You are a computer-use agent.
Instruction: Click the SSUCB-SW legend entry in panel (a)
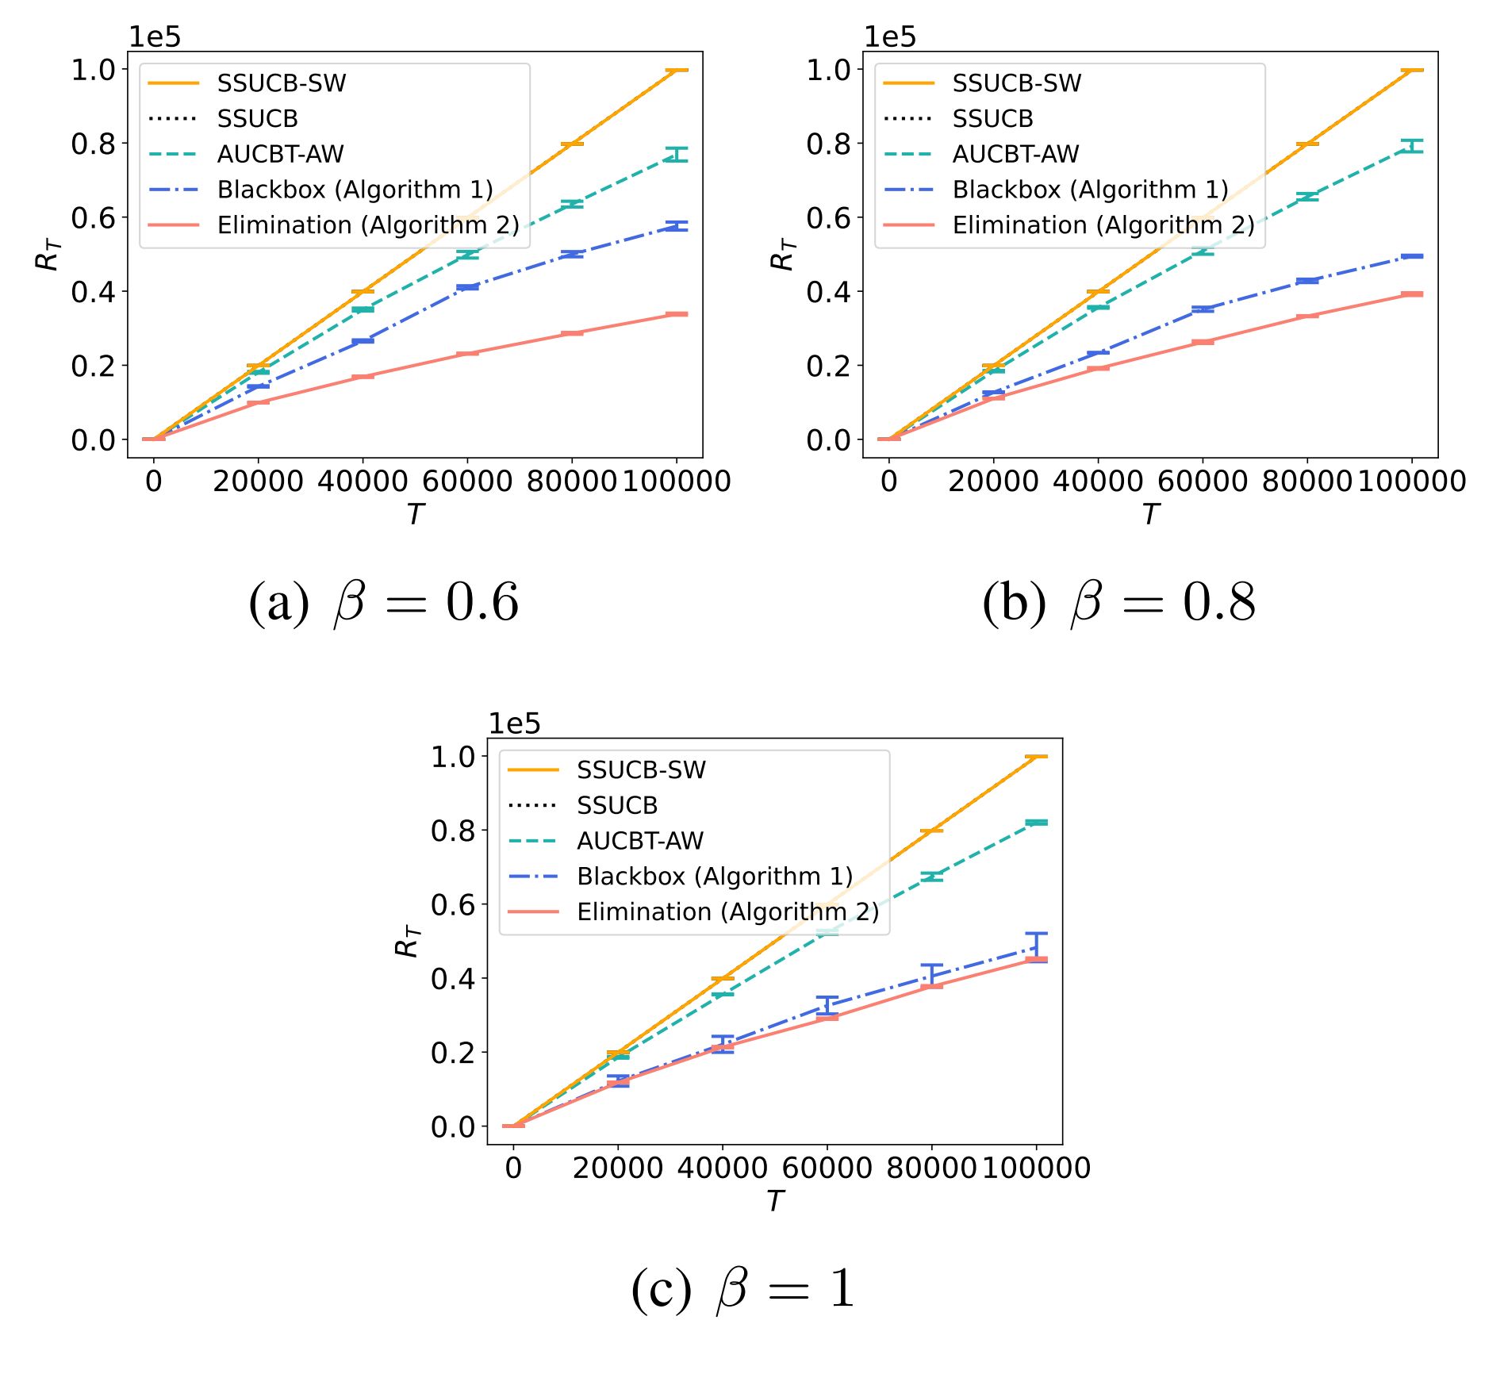coord(281,83)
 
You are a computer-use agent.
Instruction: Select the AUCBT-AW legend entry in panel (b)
coord(1015,154)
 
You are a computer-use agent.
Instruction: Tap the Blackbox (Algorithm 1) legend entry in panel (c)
coord(714,877)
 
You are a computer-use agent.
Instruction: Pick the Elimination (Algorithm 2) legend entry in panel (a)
coord(368,225)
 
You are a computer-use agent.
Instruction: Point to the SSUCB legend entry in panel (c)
coord(617,805)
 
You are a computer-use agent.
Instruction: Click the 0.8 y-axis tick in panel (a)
coord(93,144)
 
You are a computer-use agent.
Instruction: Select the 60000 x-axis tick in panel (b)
coord(1203,482)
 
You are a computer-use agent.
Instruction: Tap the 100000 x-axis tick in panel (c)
coord(1036,1169)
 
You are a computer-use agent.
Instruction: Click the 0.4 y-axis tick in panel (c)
coord(453,979)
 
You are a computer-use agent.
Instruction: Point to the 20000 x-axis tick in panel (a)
coord(258,482)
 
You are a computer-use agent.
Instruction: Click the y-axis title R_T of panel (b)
coord(783,254)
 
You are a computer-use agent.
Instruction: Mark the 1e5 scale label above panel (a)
coord(155,37)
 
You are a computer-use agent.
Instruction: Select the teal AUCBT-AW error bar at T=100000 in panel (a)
coord(677,155)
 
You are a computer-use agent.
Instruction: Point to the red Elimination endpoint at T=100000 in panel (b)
coord(1412,294)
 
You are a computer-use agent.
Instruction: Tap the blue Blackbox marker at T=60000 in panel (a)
coord(467,287)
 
